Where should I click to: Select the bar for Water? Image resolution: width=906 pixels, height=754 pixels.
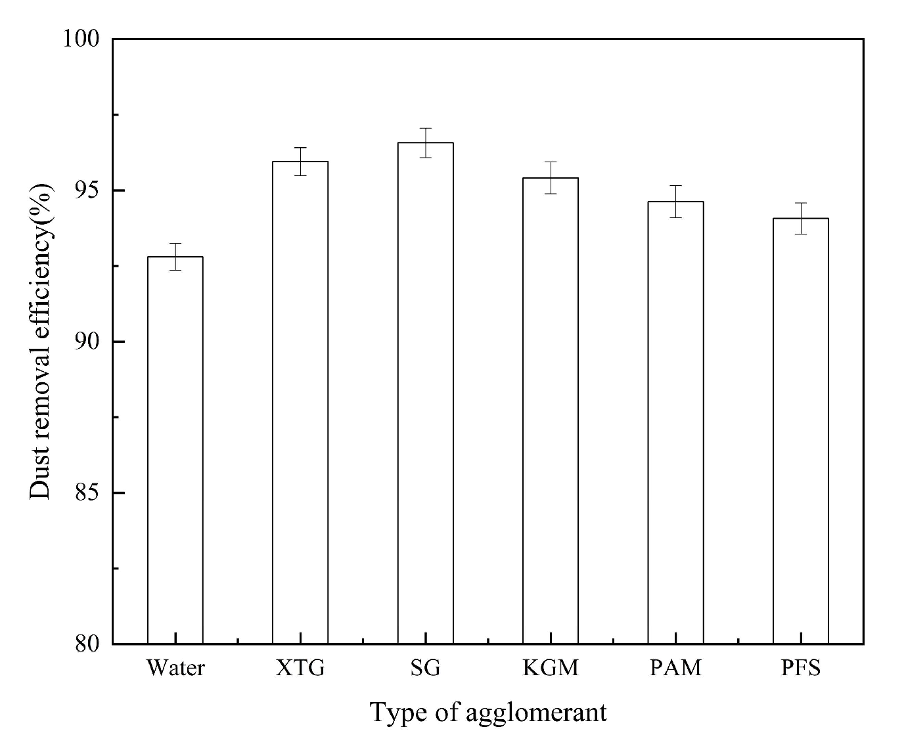(175, 450)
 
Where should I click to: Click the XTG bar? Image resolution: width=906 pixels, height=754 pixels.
(300, 402)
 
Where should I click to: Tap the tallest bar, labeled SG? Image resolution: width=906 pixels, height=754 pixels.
(425, 393)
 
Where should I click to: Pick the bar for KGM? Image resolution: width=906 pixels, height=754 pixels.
(551, 410)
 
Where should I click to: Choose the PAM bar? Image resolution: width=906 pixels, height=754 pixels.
(675, 422)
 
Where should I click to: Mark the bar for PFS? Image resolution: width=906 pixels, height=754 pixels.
(800, 431)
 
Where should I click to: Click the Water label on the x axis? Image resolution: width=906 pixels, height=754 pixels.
(175, 668)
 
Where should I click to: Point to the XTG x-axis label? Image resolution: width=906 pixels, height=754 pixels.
(300, 668)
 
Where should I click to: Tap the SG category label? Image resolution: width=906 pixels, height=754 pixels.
(425, 668)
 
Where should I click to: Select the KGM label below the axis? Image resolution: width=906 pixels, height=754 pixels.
(551, 668)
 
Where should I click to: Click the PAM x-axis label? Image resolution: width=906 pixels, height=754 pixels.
(675, 668)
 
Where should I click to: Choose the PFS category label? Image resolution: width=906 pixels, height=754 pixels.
(801, 668)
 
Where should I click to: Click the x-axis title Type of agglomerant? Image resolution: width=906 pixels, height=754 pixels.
(488, 713)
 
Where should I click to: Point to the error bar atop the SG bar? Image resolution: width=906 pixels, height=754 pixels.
(425, 143)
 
